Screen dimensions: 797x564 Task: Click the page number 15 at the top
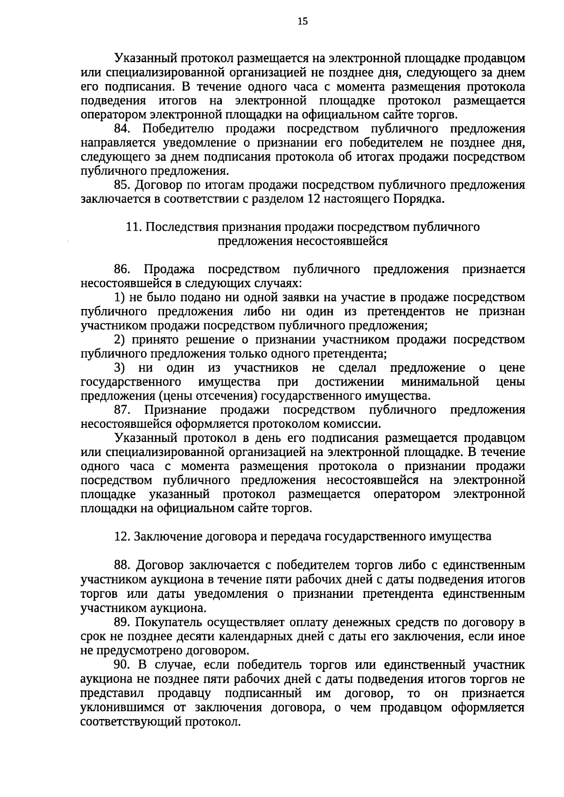[302, 21]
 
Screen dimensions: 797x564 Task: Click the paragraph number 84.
[124, 129]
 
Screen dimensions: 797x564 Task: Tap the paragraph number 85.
[124, 185]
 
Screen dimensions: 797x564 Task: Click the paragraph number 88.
[124, 565]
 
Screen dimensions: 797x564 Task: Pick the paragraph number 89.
[124, 623]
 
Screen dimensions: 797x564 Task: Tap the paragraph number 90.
[124, 665]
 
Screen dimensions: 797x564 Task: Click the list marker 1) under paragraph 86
[119, 298]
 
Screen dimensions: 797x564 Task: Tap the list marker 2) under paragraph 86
[119, 340]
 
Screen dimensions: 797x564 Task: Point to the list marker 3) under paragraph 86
[119, 368]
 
